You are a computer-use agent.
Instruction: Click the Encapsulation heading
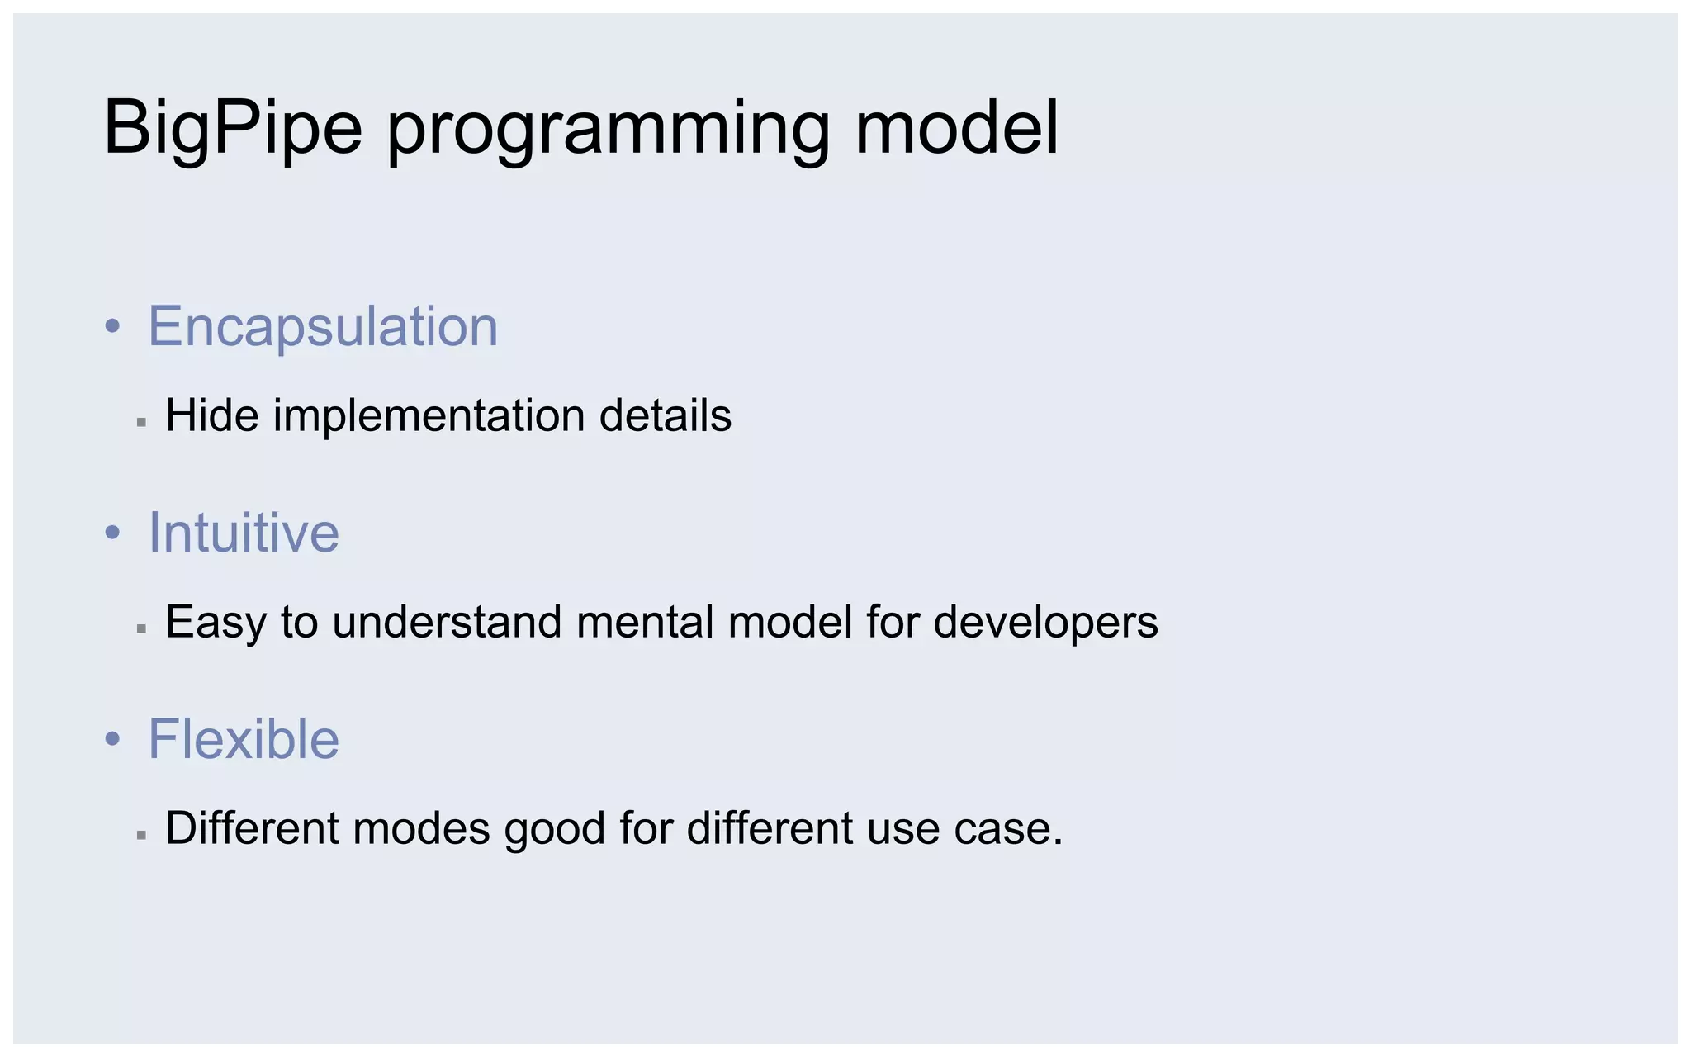[x=323, y=326]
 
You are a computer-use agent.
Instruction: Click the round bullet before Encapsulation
[x=113, y=327]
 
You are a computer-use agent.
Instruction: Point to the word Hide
[x=212, y=415]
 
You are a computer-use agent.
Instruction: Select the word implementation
[x=429, y=415]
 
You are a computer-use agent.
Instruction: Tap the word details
[x=665, y=415]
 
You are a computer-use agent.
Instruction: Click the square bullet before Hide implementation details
[x=141, y=422]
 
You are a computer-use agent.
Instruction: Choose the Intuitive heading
[x=244, y=533]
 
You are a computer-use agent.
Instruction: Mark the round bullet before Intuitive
[x=113, y=533]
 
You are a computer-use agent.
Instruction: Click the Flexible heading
[x=244, y=739]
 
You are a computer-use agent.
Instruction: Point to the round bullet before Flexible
[x=113, y=740]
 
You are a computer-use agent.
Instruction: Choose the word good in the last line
[x=555, y=829]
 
